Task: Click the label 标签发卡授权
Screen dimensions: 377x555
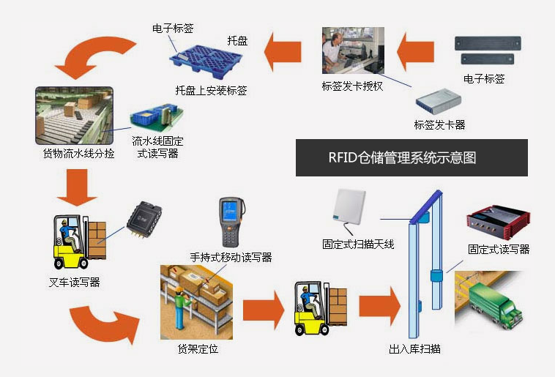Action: [x=353, y=86]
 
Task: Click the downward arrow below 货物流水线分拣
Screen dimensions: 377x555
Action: [x=75, y=186]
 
